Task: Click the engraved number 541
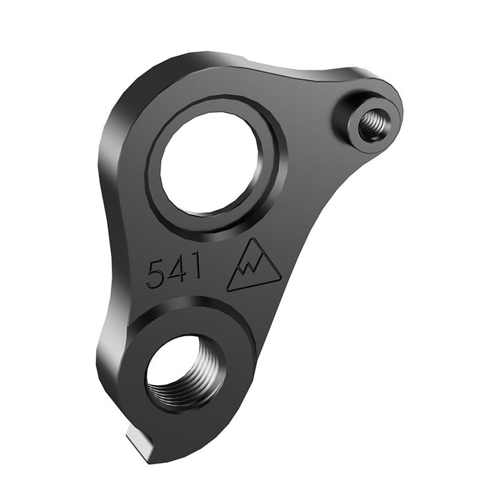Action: point(174,271)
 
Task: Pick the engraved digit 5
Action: point(155,274)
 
